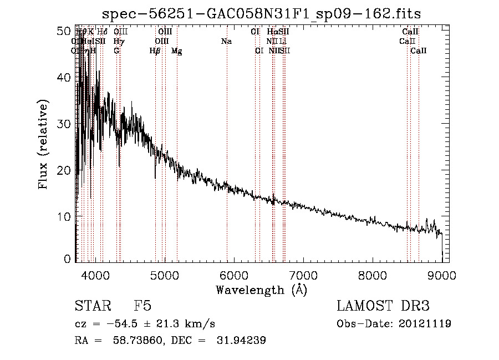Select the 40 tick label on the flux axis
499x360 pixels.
(65, 78)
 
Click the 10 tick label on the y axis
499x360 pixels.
(65, 216)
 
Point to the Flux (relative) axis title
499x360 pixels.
(43, 143)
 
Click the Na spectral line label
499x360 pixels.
(226, 42)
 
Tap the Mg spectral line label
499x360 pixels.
(176, 51)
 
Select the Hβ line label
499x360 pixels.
(155, 51)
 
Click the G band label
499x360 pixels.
(116, 51)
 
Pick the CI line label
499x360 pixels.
(255, 32)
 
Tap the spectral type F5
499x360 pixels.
(142, 306)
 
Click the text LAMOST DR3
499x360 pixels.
(383, 306)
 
